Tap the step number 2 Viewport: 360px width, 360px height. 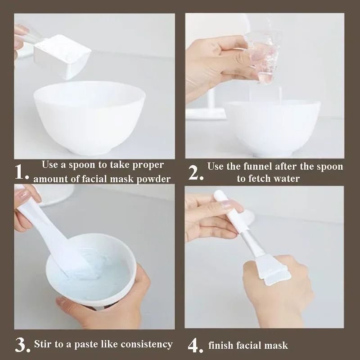(195, 173)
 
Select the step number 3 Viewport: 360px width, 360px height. (22, 345)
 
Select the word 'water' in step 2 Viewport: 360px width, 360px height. (287, 179)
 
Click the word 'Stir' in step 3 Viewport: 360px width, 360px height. (44, 345)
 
